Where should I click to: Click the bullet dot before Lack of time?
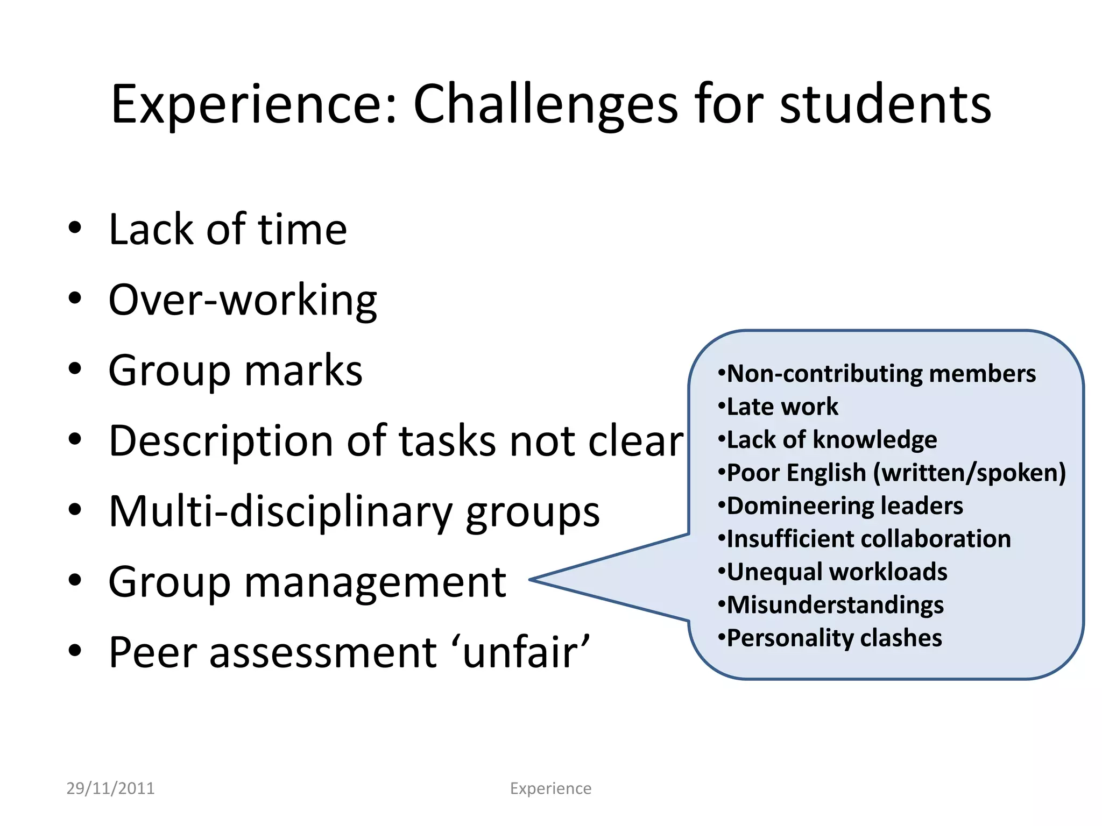point(75,228)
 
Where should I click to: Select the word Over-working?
point(243,301)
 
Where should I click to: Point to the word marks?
point(303,371)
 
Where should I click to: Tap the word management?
point(375,582)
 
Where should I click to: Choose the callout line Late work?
point(781,407)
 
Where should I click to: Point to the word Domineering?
point(800,506)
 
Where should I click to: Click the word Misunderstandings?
point(835,606)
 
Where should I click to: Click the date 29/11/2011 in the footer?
point(110,788)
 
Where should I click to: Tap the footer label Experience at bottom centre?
point(550,788)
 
